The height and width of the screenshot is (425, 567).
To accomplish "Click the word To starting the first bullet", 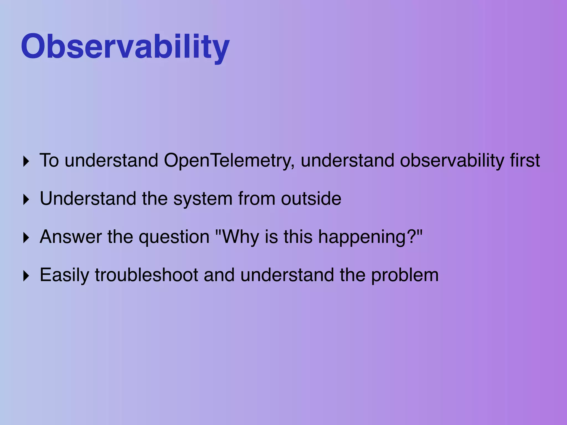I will (x=49, y=160).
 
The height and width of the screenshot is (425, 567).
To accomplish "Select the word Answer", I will (x=71, y=237).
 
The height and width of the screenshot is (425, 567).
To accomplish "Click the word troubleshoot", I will (x=146, y=275).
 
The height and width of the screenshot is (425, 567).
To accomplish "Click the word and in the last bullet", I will (x=219, y=275).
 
